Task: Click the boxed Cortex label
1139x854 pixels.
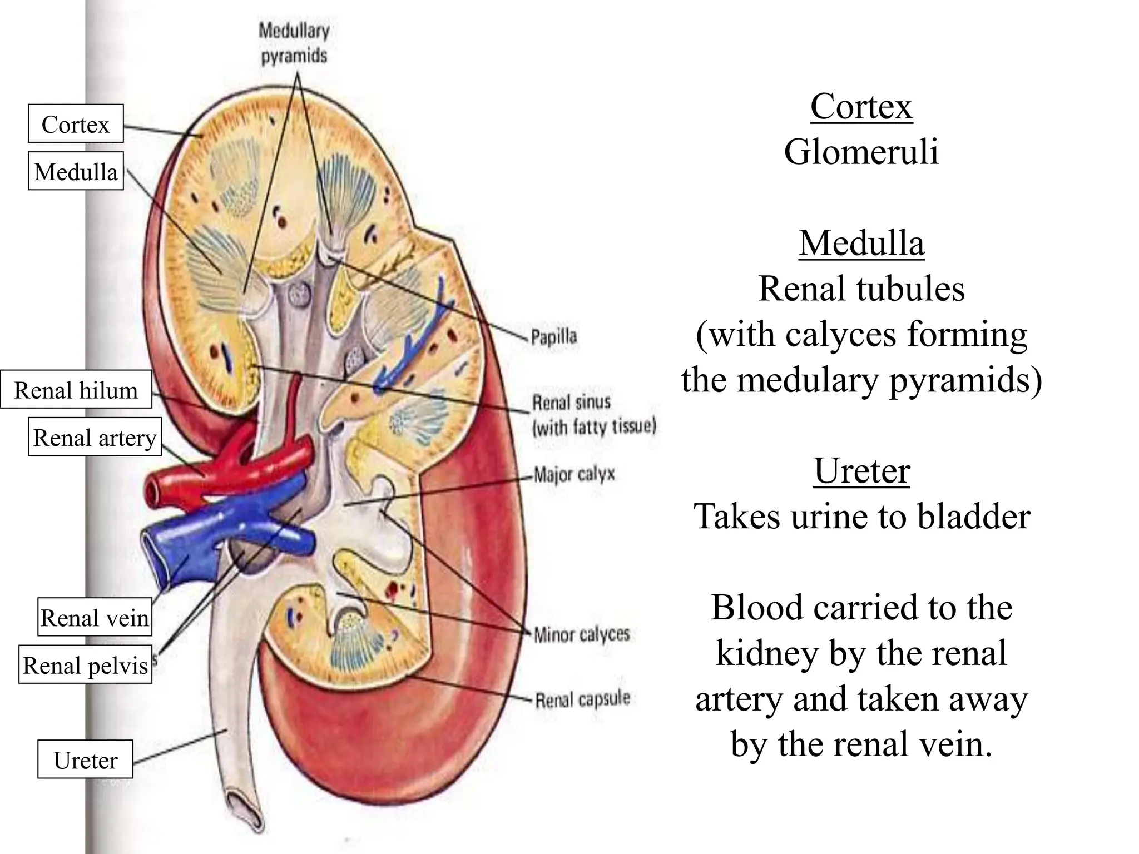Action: click(76, 123)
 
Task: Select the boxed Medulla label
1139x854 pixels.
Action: click(76, 171)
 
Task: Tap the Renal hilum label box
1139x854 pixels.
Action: click(76, 389)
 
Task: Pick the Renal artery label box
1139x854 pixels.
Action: click(95, 437)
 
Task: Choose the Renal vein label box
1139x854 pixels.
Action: click(95, 617)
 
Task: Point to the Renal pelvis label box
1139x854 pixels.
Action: click(85, 664)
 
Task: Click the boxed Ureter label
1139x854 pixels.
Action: click(85, 759)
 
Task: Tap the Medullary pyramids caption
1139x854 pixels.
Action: click(294, 43)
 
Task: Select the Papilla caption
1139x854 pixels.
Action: click(554, 336)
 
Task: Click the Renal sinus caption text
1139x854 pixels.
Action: click(593, 414)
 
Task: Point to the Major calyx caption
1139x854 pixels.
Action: click(575, 474)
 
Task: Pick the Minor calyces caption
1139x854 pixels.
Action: click(582, 634)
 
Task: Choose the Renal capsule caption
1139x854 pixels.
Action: click(583, 699)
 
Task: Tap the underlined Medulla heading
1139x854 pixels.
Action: click(861, 243)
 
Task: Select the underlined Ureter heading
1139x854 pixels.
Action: click(861, 470)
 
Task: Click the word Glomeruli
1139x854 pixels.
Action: click(861, 151)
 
